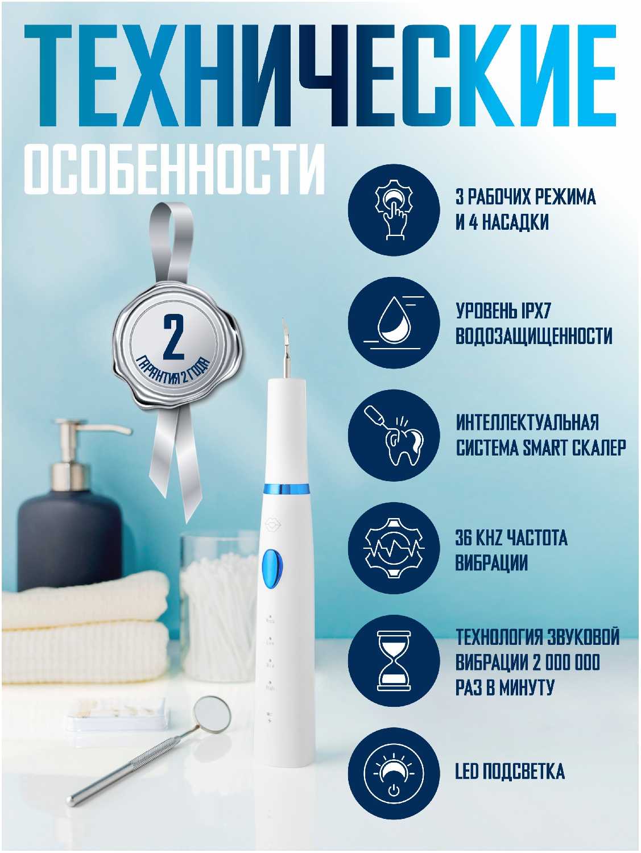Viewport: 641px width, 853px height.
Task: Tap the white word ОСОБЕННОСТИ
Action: [175, 169]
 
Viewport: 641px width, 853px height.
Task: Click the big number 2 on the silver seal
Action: [173, 337]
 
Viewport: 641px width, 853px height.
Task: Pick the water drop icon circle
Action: [394, 322]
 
